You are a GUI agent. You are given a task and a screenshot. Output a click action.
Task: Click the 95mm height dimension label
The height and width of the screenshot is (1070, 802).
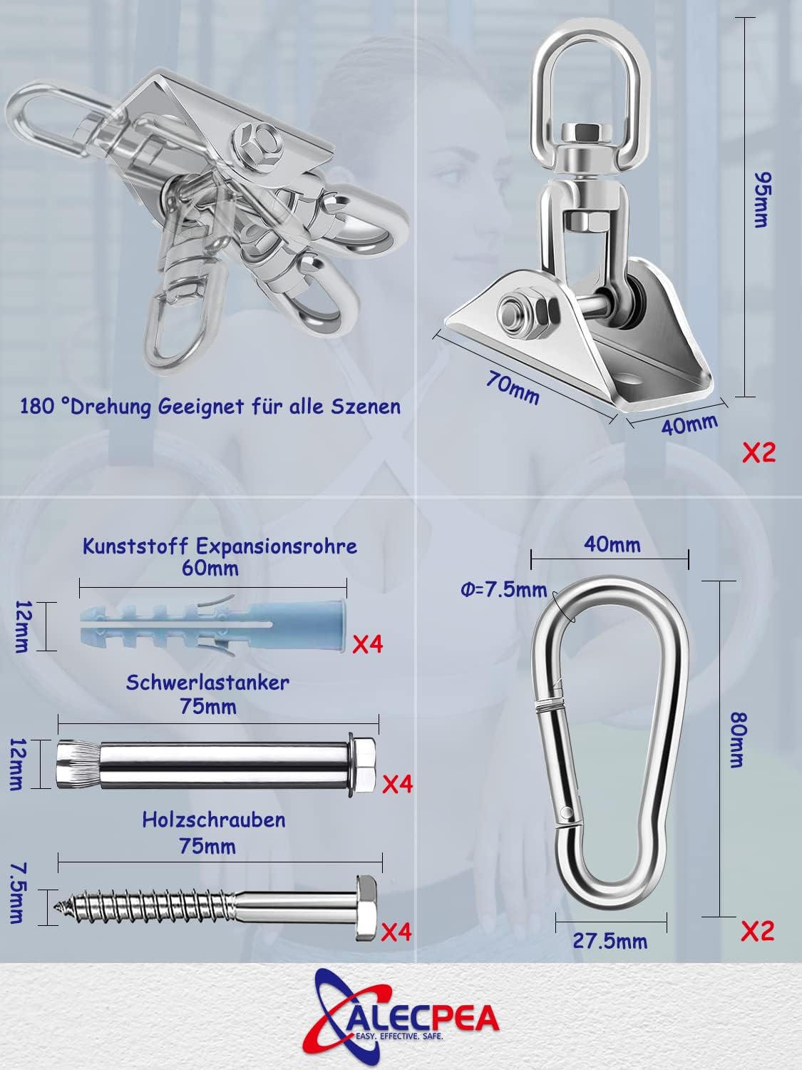pos(763,200)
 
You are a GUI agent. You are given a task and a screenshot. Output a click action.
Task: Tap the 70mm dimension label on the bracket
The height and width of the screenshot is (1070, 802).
pos(513,387)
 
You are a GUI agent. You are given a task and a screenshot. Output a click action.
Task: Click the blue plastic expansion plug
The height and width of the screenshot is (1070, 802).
pos(213,626)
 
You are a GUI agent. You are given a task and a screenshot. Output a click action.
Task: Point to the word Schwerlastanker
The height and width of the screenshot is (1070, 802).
pos(207,683)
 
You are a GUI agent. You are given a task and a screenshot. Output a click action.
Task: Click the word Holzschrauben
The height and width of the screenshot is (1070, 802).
pos(214,820)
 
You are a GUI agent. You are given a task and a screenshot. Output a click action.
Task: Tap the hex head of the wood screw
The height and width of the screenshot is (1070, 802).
pos(366,907)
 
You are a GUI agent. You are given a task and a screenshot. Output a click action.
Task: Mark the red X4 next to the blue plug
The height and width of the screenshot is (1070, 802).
pos(368,644)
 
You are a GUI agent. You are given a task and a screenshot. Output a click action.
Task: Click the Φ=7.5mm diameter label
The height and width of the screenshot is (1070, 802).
pos(503,591)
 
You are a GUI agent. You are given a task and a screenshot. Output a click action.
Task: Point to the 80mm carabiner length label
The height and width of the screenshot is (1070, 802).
pos(739,740)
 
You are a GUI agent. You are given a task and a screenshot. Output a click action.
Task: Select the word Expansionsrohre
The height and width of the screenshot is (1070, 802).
pos(277,546)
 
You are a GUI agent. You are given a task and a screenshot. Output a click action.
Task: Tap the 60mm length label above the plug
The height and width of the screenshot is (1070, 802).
pos(210,569)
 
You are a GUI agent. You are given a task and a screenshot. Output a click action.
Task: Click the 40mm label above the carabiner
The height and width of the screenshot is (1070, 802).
pos(612,544)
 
